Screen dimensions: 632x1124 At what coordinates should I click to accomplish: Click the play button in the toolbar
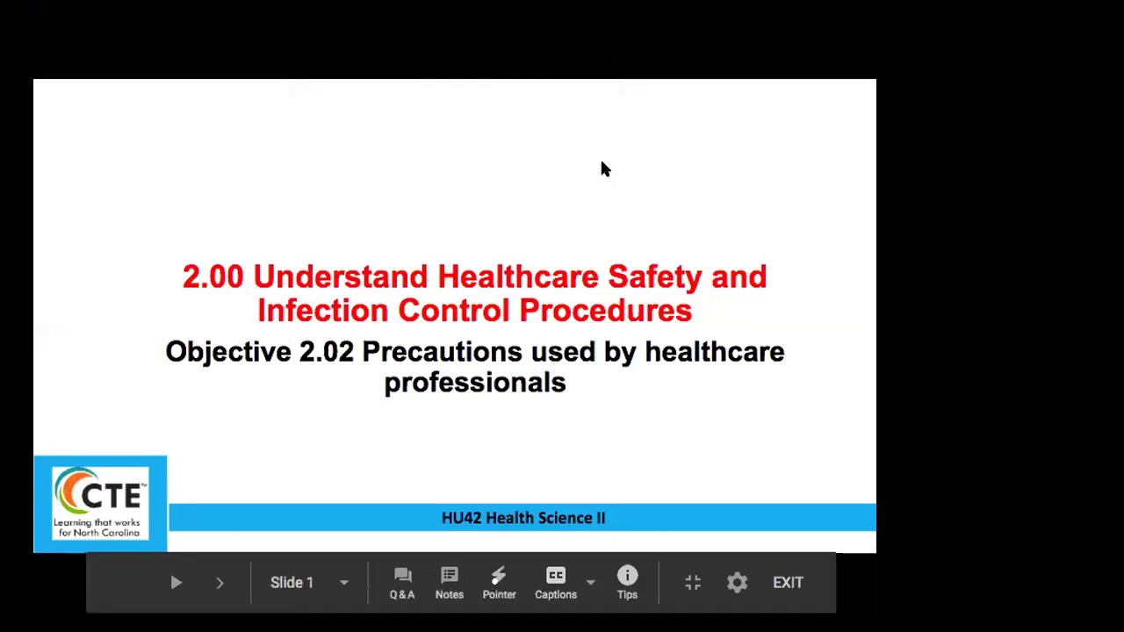point(176,583)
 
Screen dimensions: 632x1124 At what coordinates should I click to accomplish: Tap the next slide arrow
point(220,583)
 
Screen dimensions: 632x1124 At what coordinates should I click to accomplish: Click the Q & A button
point(402,583)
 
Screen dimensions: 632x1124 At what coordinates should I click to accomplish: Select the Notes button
point(449,583)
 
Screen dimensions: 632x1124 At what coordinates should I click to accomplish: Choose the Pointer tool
point(499,583)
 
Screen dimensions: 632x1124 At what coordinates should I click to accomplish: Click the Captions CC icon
point(556,577)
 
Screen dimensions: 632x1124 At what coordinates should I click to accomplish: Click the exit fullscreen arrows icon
point(693,583)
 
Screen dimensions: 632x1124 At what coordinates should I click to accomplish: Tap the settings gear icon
point(737,583)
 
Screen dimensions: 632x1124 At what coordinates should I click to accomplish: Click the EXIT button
point(788,583)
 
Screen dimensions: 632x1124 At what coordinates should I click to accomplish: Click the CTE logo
point(100,503)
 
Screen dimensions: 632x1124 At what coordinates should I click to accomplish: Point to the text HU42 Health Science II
point(523,518)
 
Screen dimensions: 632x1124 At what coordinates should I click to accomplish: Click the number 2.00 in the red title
point(213,277)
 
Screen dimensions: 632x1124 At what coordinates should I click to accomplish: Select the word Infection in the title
point(322,311)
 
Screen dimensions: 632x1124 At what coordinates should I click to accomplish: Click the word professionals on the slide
point(475,383)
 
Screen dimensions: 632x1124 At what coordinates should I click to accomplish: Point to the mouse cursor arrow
point(605,169)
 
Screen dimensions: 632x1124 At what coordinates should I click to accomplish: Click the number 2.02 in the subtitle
point(327,352)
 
